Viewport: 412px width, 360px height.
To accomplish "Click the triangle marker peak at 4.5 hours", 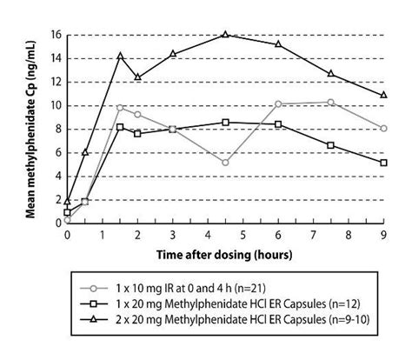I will coord(225,35).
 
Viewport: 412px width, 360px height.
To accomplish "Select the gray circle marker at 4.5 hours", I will coord(225,163).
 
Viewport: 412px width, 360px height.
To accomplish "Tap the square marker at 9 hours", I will coord(383,163).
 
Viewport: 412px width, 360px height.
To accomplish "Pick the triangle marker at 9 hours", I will coord(383,95).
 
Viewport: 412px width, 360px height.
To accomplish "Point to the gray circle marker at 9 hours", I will coord(383,129).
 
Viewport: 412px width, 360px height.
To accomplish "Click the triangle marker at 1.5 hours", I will coord(120,56).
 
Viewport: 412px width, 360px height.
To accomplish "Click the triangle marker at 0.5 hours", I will coord(84,152).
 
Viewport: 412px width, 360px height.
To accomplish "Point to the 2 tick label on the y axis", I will coord(55,199).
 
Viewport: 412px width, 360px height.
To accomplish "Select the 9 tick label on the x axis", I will coord(383,236).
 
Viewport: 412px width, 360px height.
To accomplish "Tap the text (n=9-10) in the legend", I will coord(342,322).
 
